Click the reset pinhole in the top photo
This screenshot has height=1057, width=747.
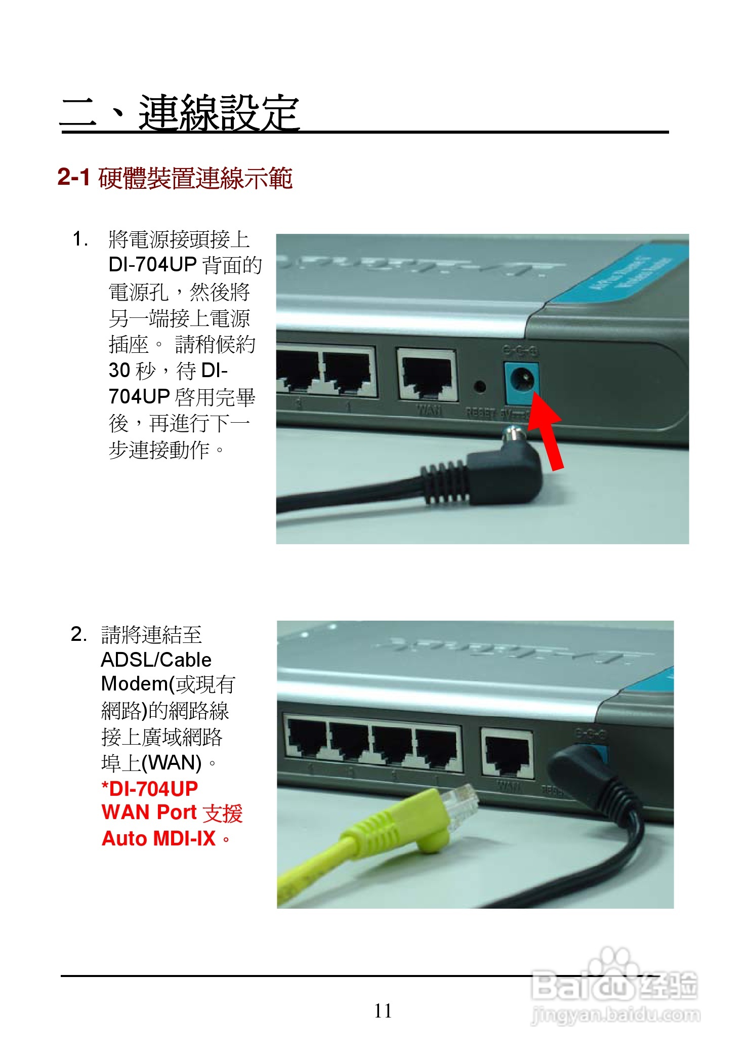(x=480, y=387)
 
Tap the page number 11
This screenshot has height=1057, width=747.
(x=383, y=1011)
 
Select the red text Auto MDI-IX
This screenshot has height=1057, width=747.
(x=159, y=839)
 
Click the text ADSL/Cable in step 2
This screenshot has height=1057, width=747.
(x=156, y=660)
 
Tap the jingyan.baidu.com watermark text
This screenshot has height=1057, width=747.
(x=616, y=1014)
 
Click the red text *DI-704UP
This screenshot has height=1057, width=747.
(x=150, y=788)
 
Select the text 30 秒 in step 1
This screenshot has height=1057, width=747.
(x=132, y=371)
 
